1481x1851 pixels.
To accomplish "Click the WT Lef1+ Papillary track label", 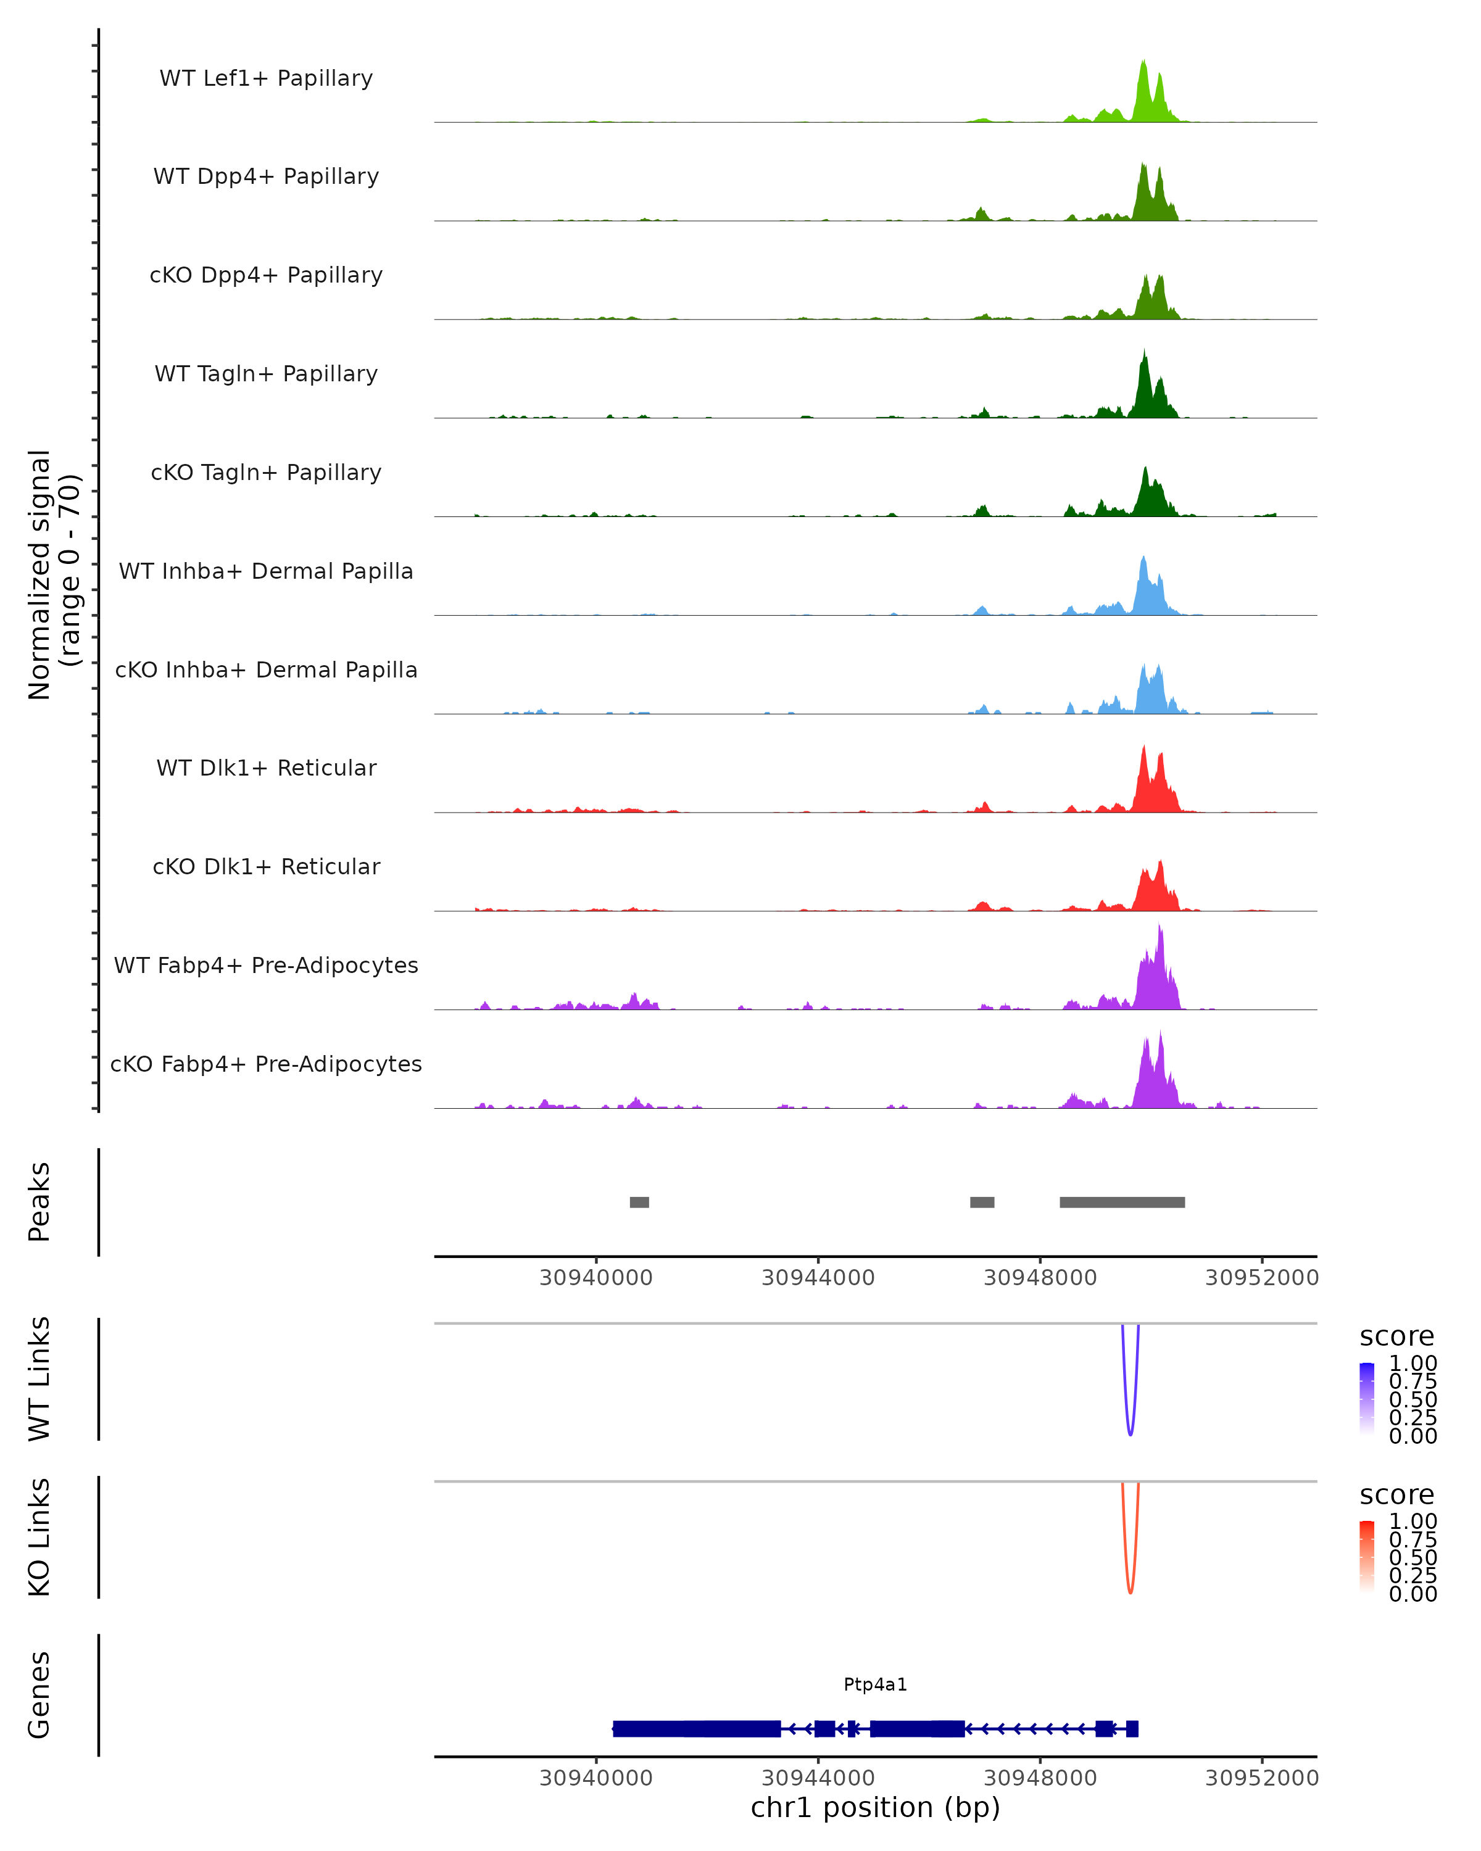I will [266, 78].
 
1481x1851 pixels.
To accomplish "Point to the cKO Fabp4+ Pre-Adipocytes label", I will [266, 1064].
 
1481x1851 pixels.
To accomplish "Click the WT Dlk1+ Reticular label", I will [266, 768].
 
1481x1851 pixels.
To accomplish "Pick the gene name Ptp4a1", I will [875, 1684].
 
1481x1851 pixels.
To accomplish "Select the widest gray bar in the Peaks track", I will [1122, 1202].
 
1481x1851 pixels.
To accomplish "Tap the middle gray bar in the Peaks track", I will [982, 1202].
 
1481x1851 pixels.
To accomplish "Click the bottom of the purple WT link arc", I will [1130, 1434].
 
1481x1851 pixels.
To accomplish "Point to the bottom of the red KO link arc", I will [1130, 1592].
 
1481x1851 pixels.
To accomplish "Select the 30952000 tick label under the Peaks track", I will [1261, 1278].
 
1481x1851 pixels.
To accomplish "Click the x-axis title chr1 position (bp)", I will [875, 1808].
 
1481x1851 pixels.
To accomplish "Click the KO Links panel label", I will [39, 1537].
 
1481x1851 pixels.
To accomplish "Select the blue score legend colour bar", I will [1367, 1399].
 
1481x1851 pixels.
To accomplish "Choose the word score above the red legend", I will [1397, 1495].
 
